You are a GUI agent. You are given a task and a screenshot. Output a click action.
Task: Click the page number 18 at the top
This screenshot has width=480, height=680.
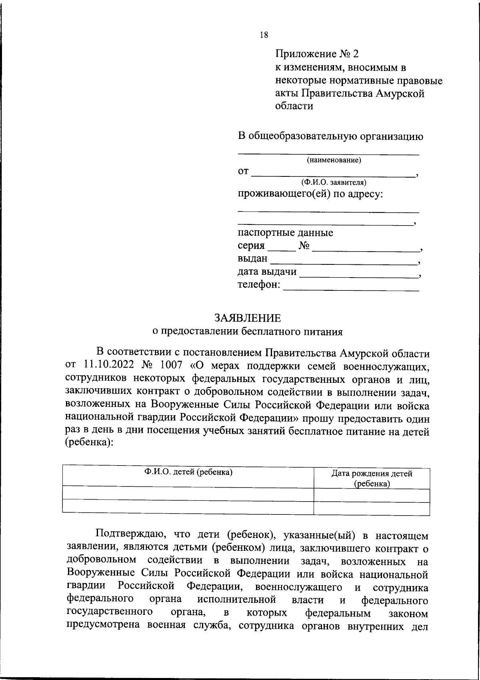point(264,35)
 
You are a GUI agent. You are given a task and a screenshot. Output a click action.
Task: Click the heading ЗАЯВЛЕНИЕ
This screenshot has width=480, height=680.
point(248,318)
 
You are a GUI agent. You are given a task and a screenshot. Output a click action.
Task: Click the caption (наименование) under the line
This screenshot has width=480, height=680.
point(334,160)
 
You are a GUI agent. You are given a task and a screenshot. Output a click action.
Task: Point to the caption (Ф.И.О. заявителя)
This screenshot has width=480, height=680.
point(334,182)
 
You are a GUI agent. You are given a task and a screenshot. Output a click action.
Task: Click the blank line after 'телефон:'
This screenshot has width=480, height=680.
point(351,286)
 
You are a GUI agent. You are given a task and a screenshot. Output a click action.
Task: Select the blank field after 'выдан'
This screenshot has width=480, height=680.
point(343,260)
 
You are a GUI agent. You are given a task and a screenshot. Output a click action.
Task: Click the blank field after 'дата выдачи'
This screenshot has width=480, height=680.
point(358,273)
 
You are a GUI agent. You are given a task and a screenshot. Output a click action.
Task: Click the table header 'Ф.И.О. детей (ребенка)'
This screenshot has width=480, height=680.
point(188,472)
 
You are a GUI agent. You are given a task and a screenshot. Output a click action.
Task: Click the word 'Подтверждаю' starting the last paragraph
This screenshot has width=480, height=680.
point(128,535)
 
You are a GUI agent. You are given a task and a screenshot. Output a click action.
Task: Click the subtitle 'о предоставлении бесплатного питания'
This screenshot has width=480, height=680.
point(248,331)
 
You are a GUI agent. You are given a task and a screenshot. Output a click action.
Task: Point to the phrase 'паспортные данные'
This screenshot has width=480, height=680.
point(285,232)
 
